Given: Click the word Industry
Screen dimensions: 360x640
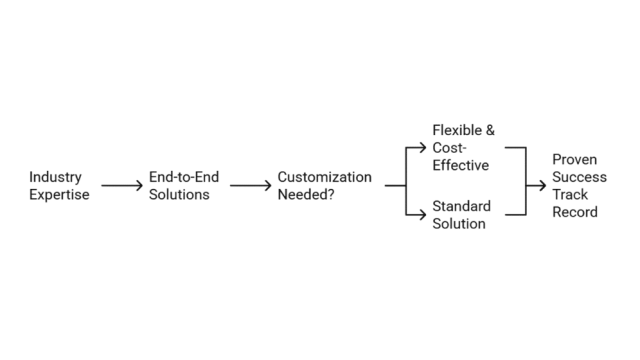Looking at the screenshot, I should (55, 177).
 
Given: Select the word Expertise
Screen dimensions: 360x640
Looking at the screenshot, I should (60, 195).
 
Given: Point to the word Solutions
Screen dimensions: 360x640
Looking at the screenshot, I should (179, 195).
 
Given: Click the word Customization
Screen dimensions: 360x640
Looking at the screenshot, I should (324, 177).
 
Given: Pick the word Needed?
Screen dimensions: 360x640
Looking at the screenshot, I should (306, 195).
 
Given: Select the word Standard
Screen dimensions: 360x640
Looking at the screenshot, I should (461, 207).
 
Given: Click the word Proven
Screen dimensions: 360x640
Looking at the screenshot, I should (575, 159).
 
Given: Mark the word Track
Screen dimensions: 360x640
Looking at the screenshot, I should (571, 195).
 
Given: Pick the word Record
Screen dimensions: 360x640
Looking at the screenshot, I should (575, 213).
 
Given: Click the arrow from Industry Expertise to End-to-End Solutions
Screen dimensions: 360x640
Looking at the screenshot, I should (122, 186).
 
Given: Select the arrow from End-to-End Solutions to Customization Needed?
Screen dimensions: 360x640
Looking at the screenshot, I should (250, 186).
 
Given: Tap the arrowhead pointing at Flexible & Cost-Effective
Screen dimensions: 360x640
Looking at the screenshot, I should (422, 149).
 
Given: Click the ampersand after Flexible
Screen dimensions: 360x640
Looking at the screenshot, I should (490, 131).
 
